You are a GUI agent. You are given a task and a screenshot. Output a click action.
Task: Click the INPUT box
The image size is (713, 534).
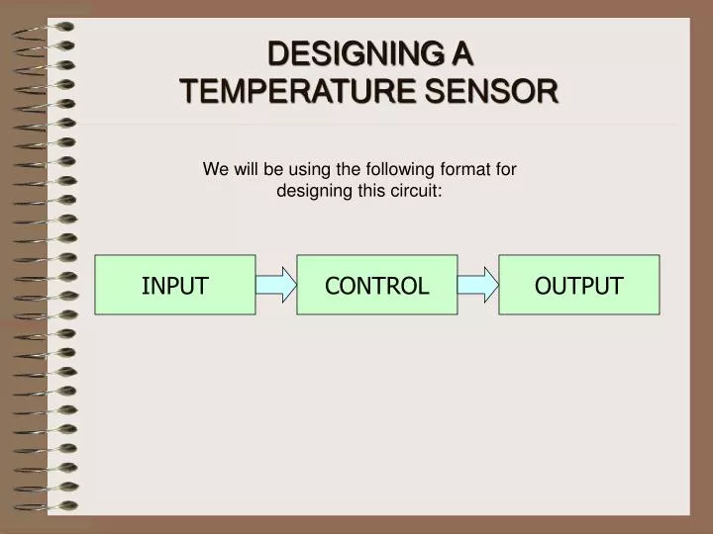[x=174, y=285]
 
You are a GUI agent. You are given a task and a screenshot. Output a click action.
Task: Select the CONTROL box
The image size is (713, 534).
[x=376, y=285]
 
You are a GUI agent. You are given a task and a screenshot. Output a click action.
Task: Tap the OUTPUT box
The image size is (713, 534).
[x=578, y=285]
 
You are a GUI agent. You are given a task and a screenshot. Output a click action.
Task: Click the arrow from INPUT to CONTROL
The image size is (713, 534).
[x=276, y=285]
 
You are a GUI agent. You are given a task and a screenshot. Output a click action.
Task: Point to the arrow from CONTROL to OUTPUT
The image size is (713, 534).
[x=478, y=285]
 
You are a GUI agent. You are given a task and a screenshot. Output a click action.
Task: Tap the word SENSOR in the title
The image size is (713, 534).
[x=491, y=92]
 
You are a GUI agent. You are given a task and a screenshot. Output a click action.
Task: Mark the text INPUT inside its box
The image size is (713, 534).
[x=174, y=286]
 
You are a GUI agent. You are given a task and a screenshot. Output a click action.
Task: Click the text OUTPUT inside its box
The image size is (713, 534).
[x=578, y=286]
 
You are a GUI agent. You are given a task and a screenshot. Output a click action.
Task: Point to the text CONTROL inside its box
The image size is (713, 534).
[x=376, y=286]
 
